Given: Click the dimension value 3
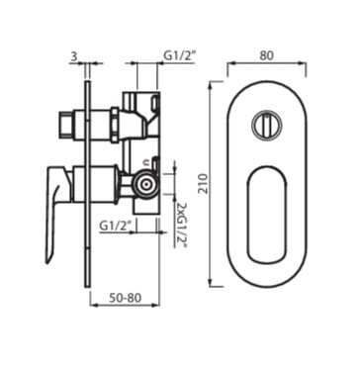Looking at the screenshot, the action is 74,56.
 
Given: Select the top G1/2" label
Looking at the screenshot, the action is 180,55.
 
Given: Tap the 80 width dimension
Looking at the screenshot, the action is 266,55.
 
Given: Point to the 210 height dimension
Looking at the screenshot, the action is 205,184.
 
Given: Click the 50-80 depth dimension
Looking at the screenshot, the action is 125,298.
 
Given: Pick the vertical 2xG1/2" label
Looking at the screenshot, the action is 181,226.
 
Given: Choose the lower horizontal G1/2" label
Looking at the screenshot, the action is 116,227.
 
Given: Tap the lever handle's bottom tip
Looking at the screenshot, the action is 48,262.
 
